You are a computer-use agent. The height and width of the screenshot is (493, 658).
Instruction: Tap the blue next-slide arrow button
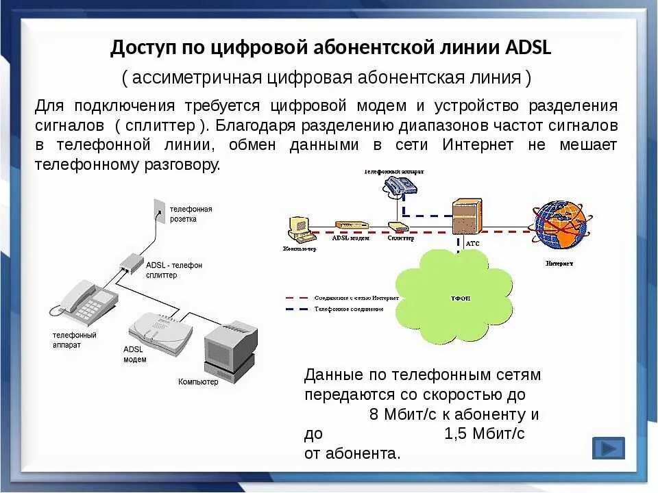point(608,448)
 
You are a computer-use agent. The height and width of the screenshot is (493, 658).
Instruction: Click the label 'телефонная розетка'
point(191,214)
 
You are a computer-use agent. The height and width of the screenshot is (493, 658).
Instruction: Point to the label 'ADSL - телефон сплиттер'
point(174,270)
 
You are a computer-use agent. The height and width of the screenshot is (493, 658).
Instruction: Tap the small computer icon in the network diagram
point(299,229)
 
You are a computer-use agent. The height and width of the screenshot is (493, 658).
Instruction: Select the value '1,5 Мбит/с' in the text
point(484,433)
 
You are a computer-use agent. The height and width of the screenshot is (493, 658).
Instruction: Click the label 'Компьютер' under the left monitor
point(198,381)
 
